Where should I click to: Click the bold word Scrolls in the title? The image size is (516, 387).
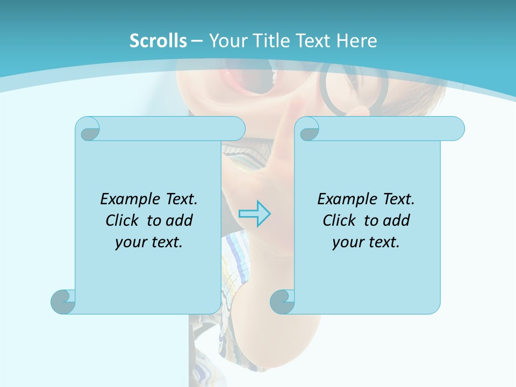pyautogui.click(x=158, y=40)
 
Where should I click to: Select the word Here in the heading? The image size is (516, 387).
pyautogui.click(x=356, y=40)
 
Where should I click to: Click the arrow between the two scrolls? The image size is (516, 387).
pyautogui.click(x=254, y=214)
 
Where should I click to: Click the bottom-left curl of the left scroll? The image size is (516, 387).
pyautogui.click(x=63, y=302)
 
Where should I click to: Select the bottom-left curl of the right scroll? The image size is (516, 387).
pyautogui.click(x=282, y=302)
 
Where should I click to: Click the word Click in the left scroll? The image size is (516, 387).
pyautogui.click(x=118, y=220)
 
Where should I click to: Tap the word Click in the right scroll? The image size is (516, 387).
pyautogui.click(x=335, y=220)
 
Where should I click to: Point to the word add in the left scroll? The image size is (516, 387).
pyautogui.click(x=180, y=220)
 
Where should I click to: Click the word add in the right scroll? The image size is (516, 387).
pyautogui.click(x=397, y=220)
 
